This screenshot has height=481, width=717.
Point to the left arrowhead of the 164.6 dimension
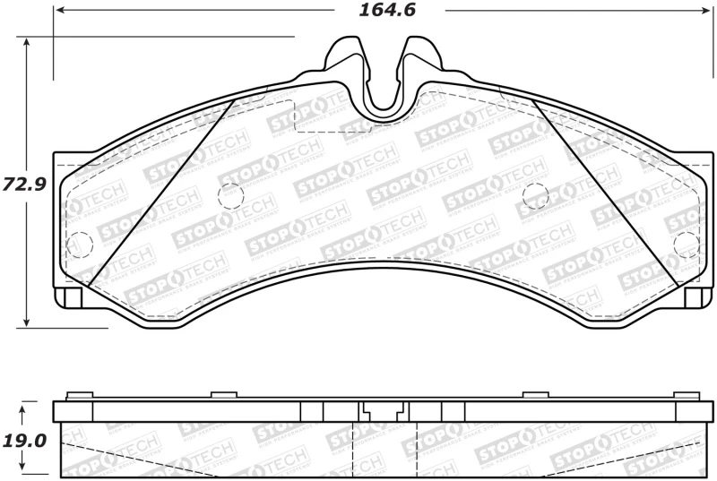pos(59,11)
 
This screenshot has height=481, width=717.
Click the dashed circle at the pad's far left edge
pos(80,243)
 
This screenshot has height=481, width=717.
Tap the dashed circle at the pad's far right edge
pos(686,243)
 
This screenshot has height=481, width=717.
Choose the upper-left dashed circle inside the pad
pos(231,194)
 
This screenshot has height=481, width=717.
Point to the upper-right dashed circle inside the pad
pos(535,194)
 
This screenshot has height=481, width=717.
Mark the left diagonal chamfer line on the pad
pos(161,192)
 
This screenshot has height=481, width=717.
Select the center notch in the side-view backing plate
pos(383,412)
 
